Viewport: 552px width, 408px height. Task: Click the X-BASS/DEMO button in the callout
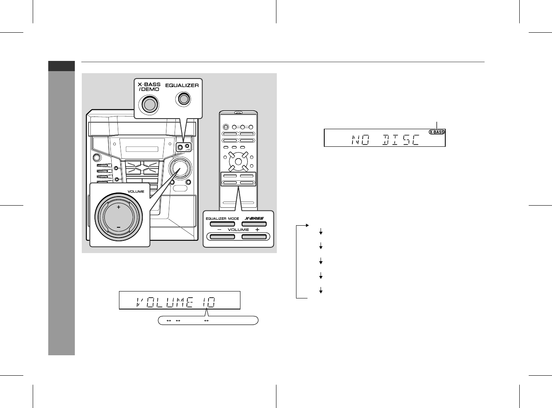(150, 104)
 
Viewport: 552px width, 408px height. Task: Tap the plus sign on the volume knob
(119, 207)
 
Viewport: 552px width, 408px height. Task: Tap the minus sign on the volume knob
(119, 227)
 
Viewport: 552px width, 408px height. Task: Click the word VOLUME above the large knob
(136, 191)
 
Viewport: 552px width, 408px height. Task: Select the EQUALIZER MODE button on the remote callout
(222, 224)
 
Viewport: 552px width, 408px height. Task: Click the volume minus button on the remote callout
(222, 237)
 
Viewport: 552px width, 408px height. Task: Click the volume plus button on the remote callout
(254, 237)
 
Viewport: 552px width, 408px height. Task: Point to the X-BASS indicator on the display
(437, 132)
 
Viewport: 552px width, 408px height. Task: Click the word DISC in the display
(401, 140)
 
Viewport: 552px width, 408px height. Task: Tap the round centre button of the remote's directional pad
(238, 161)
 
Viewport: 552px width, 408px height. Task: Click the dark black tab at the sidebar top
(61, 66)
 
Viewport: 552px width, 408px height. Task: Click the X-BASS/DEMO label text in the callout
(149, 87)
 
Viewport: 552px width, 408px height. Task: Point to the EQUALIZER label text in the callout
(182, 85)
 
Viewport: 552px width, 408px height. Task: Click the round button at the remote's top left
(226, 127)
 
